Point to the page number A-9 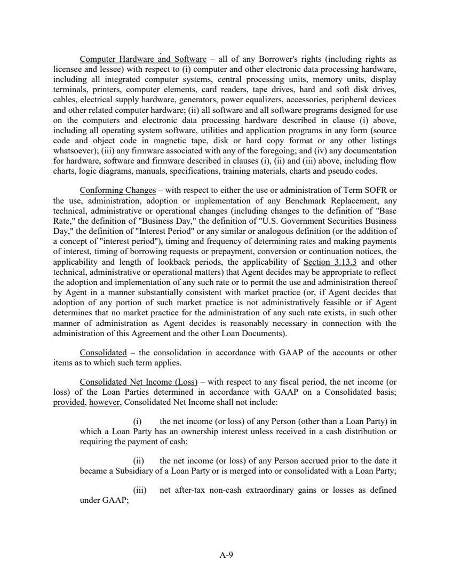(227, 555)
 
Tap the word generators (208, 100)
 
